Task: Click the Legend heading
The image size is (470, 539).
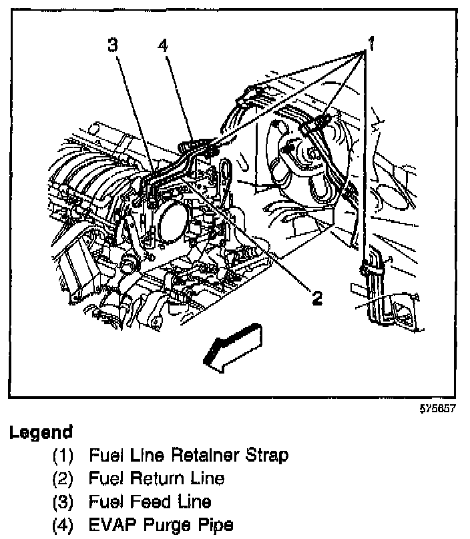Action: click(41, 432)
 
